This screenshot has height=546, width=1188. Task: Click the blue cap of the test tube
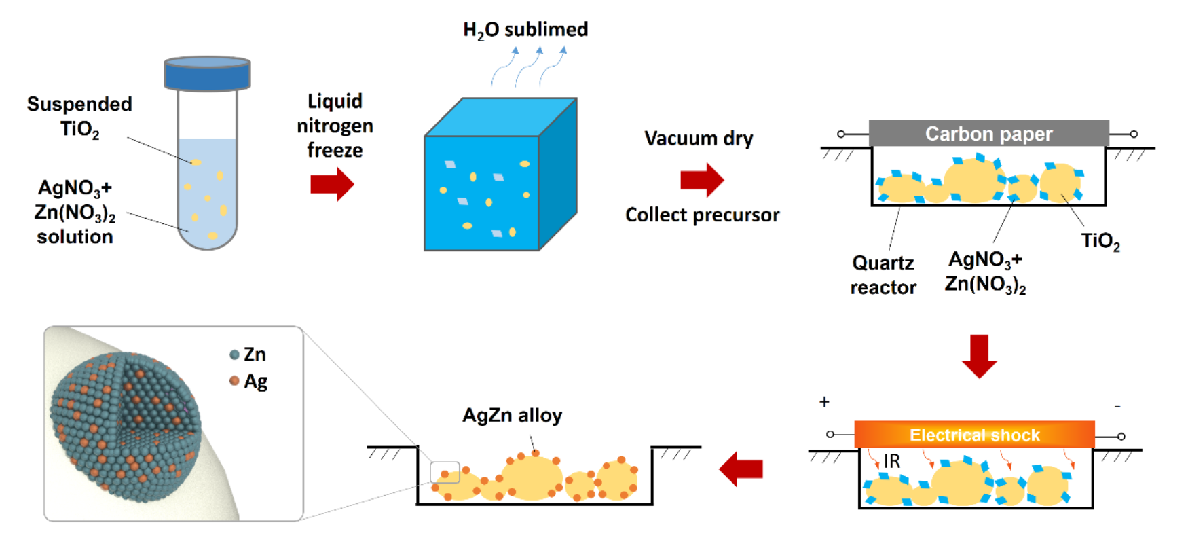pos(207,73)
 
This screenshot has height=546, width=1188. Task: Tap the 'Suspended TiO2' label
pos(79,116)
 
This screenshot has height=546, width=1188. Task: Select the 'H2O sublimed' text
pos(525,30)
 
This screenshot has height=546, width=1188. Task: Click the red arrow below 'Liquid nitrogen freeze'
pos(332,184)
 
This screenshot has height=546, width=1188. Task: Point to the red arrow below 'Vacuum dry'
pos(702,180)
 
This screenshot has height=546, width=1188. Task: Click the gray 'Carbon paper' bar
pos(988,134)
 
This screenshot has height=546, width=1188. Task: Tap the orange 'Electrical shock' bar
pos(974,435)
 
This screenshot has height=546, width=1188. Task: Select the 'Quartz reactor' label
pos(883,275)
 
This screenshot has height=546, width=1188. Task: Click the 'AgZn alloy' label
pos(512,415)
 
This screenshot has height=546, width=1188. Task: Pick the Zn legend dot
pos(234,354)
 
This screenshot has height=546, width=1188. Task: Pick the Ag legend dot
pos(234,381)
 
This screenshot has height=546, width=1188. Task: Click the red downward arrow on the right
pos(979,356)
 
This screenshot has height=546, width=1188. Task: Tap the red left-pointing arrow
pos(741,469)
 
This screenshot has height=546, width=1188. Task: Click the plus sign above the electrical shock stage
pos(824,401)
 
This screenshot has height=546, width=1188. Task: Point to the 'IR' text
pos(891,462)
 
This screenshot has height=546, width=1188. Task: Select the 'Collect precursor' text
pos(702,215)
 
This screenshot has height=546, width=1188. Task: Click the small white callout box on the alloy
pos(445,472)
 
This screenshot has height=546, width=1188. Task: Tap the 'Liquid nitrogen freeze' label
pos(335,126)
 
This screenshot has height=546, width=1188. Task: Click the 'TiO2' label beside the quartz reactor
pos(1100,241)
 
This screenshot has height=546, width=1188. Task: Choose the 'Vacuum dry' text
pos(699,139)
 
